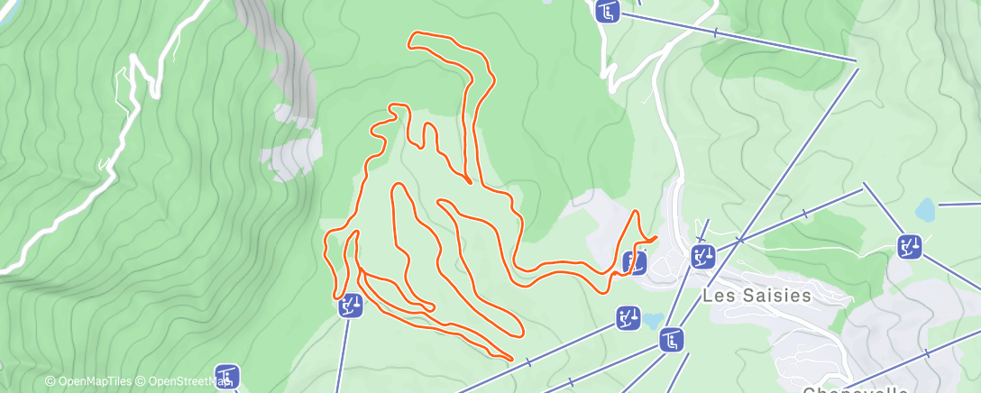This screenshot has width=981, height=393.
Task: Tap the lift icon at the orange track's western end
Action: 350,306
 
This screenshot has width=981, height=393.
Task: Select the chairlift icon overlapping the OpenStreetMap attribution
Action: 227,376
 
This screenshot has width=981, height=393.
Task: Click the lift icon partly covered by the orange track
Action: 635,262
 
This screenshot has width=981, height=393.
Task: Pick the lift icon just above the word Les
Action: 703,256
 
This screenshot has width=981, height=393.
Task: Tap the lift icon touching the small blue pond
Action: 628,317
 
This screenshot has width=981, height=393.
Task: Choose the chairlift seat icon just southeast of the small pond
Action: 672,340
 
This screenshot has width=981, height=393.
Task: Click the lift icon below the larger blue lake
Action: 910,246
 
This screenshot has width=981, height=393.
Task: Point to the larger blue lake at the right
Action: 925,210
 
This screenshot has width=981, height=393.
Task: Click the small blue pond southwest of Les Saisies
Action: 652,320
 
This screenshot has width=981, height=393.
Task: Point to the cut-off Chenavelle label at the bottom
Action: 855,389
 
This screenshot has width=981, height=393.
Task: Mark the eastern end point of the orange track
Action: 656,237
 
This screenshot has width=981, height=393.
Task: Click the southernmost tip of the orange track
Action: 511,360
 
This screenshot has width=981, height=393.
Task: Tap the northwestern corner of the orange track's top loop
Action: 412,35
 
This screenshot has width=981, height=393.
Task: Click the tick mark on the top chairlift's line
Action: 715,33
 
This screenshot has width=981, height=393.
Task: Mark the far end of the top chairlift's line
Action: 857,61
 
